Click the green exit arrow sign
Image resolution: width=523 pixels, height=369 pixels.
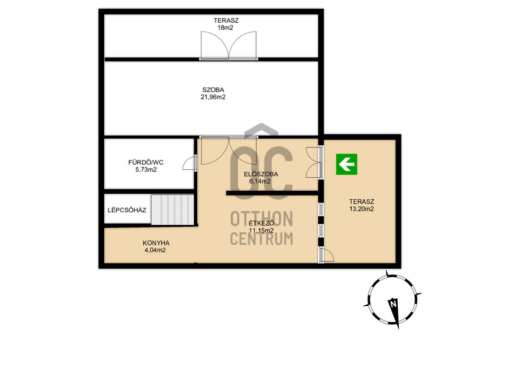pyautogui.click(x=346, y=164)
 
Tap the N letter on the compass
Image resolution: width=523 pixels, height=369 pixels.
pyautogui.click(x=393, y=304)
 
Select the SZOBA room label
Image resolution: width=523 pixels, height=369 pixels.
pyautogui.click(x=213, y=90)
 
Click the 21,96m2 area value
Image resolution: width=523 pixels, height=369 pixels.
pyautogui.click(x=213, y=97)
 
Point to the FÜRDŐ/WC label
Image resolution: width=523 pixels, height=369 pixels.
pyautogui.click(x=146, y=163)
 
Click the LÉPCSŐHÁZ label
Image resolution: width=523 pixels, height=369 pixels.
pyautogui.click(x=127, y=210)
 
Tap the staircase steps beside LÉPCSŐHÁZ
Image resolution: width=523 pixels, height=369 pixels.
pyautogui.click(x=172, y=210)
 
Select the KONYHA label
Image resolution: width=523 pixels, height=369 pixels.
pyautogui.click(x=156, y=243)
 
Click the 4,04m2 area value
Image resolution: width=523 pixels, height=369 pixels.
pyautogui.click(x=155, y=250)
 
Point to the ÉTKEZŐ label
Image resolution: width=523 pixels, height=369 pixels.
pyautogui.click(x=261, y=223)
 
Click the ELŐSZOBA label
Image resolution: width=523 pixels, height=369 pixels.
pyautogui.click(x=261, y=174)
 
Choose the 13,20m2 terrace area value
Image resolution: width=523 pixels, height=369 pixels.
pyautogui.click(x=361, y=209)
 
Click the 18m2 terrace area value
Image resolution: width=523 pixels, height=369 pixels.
pyautogui.click(x=225, y=28)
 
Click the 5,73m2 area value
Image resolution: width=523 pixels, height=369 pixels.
pyautogui.click(x=146, y=170)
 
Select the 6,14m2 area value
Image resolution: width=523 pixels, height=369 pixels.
pyautogui.click(x=260, y=182)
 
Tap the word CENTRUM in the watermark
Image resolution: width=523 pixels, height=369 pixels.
pyautogui.click(x=261, y=239)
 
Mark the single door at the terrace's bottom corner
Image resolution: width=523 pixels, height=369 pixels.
pyautogui.click(x=327, y=255)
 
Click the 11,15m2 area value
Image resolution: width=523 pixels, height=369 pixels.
pyautogui.click(x=261, y=231)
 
